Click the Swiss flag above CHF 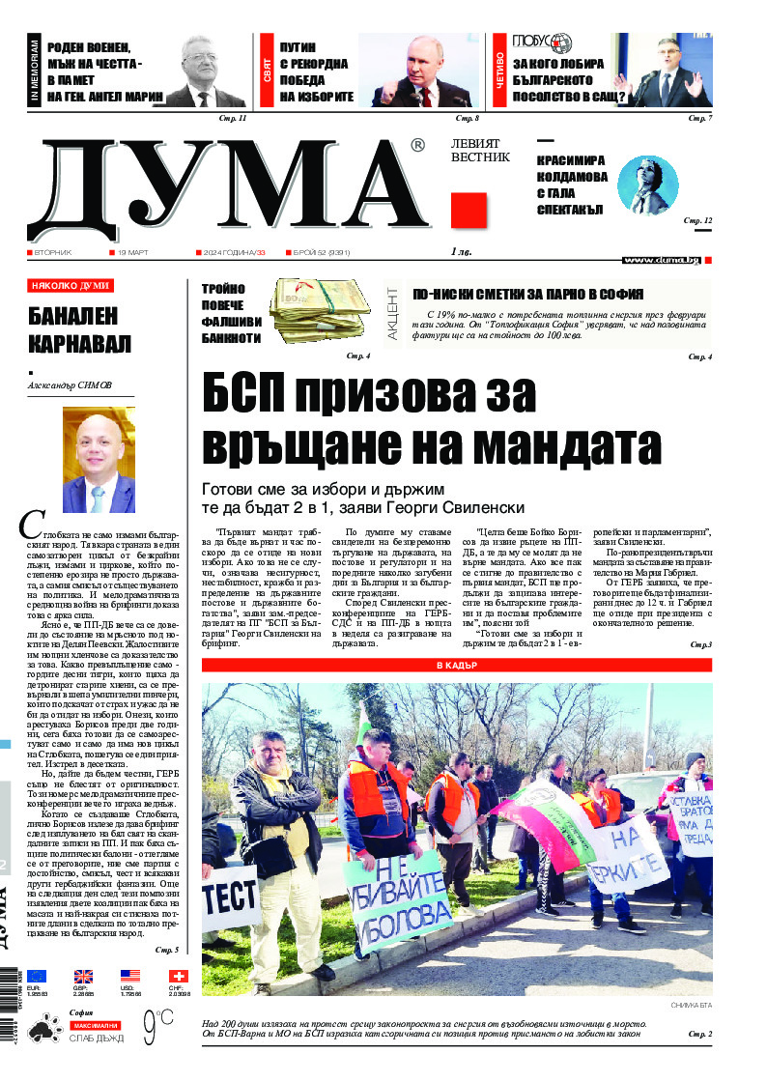tap(178, 977)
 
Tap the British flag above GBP tap(84, 977)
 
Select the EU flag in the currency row tap(37, 977)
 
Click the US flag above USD tap(130, 977)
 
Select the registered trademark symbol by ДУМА tap(417, 146)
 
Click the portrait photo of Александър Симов tap(99, 460)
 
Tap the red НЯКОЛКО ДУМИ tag tap(71, 286)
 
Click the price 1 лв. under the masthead tap(462, 253)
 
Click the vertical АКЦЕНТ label tap(394, 309)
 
